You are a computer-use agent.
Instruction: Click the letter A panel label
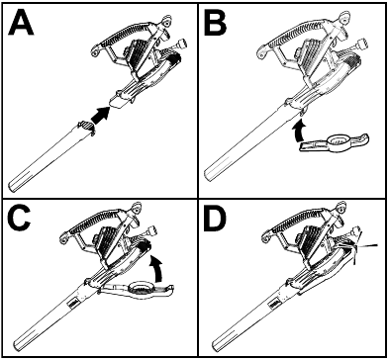coord(21,24)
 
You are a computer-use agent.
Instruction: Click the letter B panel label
coord(216,24)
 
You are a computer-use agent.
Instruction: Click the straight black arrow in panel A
coord(100,116)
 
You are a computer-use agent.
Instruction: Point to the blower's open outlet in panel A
coord(117,101)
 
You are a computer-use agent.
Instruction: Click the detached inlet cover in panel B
coord(334,143)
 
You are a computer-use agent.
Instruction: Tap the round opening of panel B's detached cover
coord(338,140)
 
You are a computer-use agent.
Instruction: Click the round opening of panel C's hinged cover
coord(142,288)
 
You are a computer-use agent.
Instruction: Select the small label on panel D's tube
coord(275,305)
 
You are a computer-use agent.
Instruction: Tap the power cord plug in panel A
coord(181,44)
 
